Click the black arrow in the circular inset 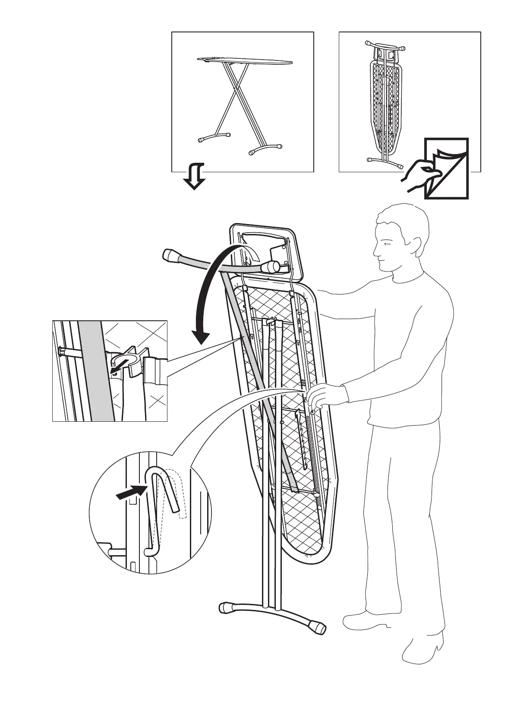click(x=130, y=493)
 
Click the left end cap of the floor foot click(x=226, y=607)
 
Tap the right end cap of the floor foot click(x=318, y=626)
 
